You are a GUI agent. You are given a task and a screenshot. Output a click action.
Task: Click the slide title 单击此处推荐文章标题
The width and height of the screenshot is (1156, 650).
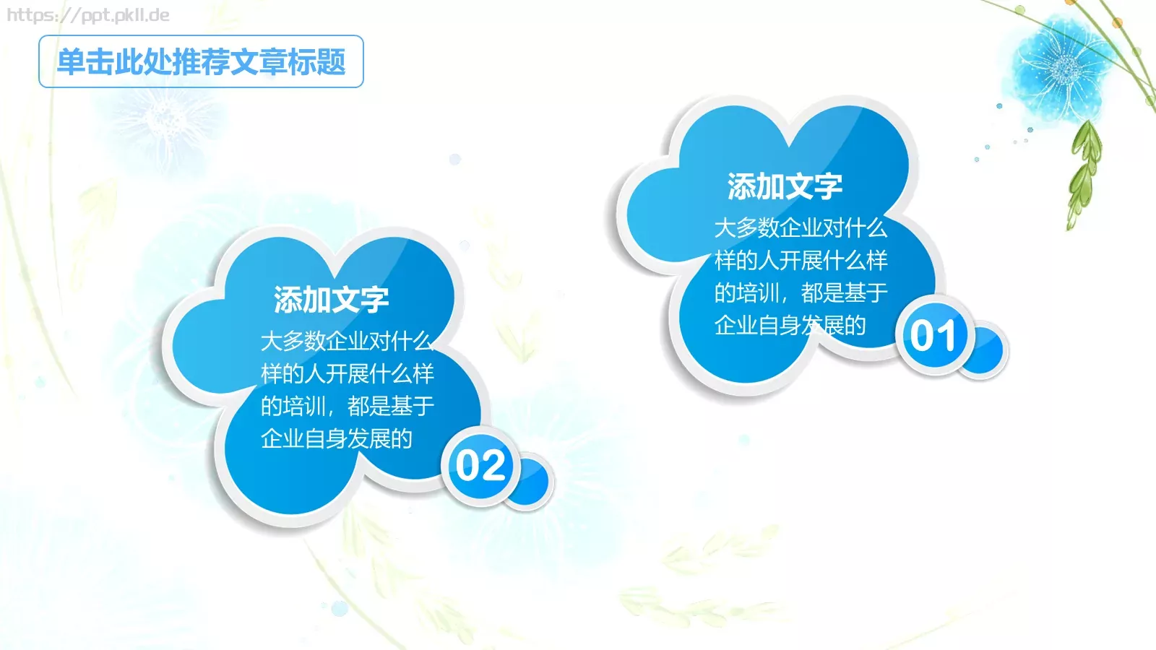201,62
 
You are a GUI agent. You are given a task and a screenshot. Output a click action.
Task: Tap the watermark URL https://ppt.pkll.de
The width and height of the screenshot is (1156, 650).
88,15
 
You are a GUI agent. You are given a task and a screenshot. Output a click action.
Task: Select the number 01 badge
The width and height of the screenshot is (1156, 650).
933,336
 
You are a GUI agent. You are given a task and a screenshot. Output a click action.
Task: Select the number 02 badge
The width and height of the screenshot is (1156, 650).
480,466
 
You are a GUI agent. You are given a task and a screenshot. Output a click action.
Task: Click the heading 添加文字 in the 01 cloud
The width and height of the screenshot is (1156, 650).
785,186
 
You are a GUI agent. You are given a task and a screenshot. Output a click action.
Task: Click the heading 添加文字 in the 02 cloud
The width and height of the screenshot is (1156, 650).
331,300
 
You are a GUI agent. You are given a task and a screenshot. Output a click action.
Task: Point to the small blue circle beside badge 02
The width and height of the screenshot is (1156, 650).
532,482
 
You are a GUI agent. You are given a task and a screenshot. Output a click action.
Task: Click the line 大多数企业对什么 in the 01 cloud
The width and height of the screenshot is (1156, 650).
801,228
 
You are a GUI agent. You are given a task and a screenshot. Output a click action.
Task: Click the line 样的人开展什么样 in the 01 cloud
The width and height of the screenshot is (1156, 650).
801,261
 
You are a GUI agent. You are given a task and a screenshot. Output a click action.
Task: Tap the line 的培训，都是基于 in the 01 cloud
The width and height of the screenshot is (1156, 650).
801,293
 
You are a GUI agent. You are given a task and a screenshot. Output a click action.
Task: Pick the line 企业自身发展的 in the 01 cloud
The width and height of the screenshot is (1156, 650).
790,326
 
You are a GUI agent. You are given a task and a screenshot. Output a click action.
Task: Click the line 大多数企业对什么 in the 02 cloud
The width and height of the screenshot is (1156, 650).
347,341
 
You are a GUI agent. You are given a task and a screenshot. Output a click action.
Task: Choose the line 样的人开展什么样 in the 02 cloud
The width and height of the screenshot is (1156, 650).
347,374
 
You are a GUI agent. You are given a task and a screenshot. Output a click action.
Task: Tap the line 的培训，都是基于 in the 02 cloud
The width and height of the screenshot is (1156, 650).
347,407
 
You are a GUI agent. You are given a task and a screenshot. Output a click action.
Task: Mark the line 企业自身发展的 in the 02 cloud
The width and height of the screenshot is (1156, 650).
336,439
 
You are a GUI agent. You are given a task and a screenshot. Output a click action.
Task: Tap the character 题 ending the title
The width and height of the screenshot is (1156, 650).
331,62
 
